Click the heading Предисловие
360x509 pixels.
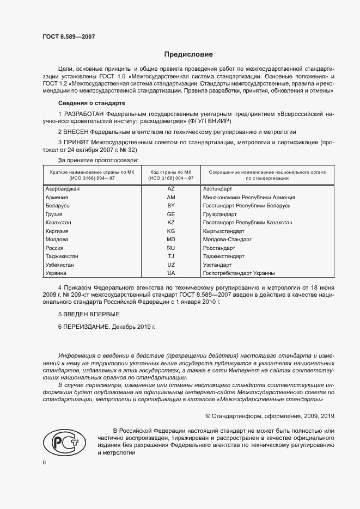tap(188, 54)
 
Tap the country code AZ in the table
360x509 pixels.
tap(171, 188)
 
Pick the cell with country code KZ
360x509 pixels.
tap(171, 223)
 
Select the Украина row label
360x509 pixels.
tap(56, 273)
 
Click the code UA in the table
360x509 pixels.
tap(171, 273)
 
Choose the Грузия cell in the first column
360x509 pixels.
tap(54, 214)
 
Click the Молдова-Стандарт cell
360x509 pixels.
tap(227, 240)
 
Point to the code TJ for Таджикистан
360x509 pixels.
tap(171, 256)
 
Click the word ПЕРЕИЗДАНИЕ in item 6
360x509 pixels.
tap(88, 328)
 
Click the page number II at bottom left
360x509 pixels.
tap(45, 462)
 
